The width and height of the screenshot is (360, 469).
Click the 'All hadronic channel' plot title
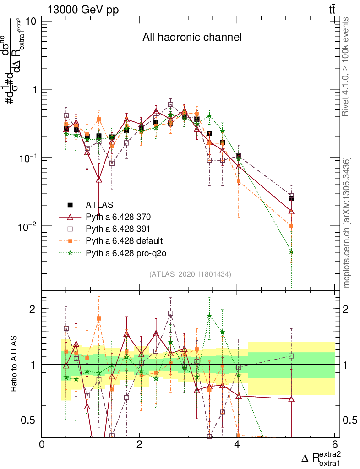pyautogui.click(x=192, y=37)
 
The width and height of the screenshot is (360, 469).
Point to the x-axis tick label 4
pyautogui.click(x=237, y=445)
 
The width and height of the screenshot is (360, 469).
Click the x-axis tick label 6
pyautogui.click(x=335, y=445)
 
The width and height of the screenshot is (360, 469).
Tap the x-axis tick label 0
pyautogui.click(x=42, y=445)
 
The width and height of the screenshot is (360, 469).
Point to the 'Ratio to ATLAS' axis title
pyautogui.click(x=14, y=365)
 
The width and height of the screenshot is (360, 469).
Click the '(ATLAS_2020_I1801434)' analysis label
pyautogui.click(x=190, y=274)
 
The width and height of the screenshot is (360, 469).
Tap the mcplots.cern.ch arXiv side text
pyautogui.click(x=347, y=223)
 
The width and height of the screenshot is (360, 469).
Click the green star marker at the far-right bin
pyautogui.click(x=291, y=251)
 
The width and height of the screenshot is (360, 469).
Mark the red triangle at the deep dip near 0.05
pyautogui.click(x=98, y=180)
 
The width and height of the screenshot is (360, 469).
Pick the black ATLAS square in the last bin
pyautogui.click(x=291, y=198)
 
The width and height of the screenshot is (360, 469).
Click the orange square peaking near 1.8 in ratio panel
pyautogui.click(x=98, y=318)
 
